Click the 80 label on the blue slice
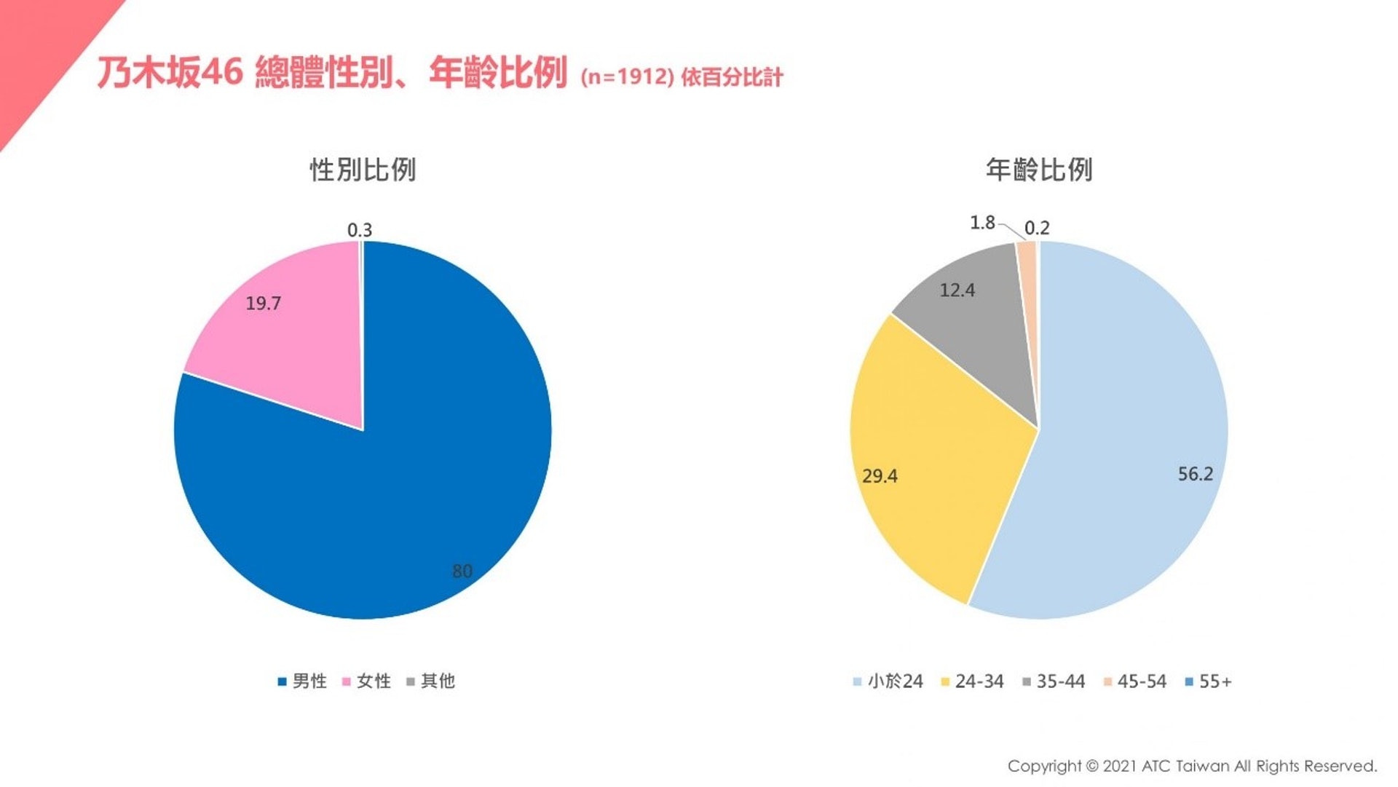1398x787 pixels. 462,572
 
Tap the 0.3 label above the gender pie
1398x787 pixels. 360,230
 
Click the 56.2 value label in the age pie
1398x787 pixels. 1196,475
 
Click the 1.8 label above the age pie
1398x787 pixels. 982,223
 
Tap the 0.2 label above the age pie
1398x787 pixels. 1037,228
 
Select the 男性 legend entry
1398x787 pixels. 302,681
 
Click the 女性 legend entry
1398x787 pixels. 366,681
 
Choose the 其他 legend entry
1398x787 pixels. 430,681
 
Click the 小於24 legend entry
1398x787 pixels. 888,681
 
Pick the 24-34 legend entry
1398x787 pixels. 972,681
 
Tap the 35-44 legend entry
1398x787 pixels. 1054,681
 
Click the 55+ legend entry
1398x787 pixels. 1209,681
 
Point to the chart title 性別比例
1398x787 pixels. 363,170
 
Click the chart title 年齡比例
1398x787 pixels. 1039,170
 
